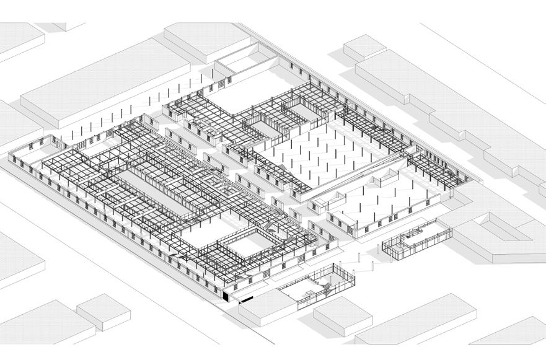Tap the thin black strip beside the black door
[x=247, y=300]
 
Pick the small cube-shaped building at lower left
[x=103, y=310]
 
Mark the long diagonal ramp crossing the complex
[x=359, y=180]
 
